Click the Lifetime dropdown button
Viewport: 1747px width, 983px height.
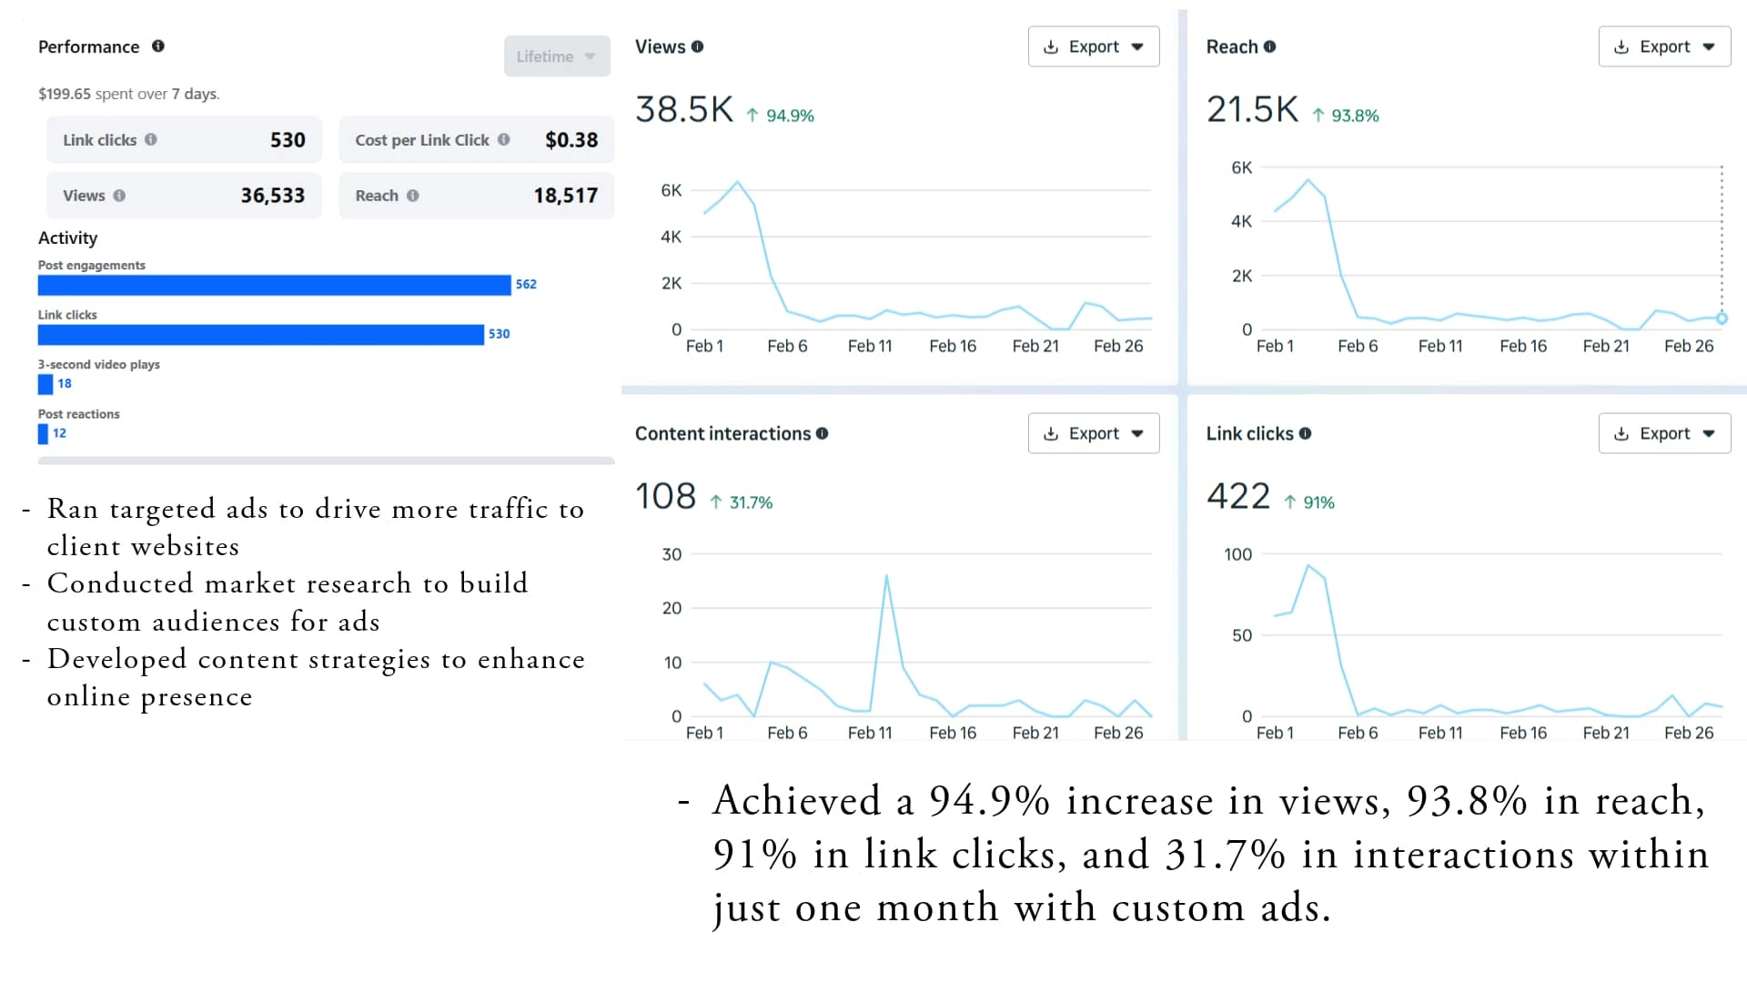[556, 56]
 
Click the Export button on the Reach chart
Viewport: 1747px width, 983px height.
[1663, 46]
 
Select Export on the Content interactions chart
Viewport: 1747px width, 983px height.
[1093, 433]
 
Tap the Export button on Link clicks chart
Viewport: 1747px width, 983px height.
[1663, 433]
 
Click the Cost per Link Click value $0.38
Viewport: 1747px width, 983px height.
[571, 140]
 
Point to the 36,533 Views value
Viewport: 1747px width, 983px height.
[272, 196]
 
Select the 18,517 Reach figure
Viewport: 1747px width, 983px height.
[565, 196]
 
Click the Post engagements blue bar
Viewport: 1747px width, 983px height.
[274, 285]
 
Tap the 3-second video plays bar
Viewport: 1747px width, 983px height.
[45, 384]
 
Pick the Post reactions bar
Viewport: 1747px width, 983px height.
[43, 434]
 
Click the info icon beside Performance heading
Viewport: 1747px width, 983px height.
[158, 46]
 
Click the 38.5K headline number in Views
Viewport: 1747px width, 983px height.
[684, 110]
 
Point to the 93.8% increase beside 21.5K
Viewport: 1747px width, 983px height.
[1354, 116]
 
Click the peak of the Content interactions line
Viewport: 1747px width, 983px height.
[886, 576]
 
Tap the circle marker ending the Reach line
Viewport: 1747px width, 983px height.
[1722, 319]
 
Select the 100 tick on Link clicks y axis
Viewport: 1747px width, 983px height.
[1237, 554]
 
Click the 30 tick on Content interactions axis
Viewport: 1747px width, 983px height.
[672, 554]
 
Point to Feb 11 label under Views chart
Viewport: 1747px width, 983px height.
[870, 346]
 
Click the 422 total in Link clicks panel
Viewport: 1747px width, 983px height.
[1237, 497]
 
